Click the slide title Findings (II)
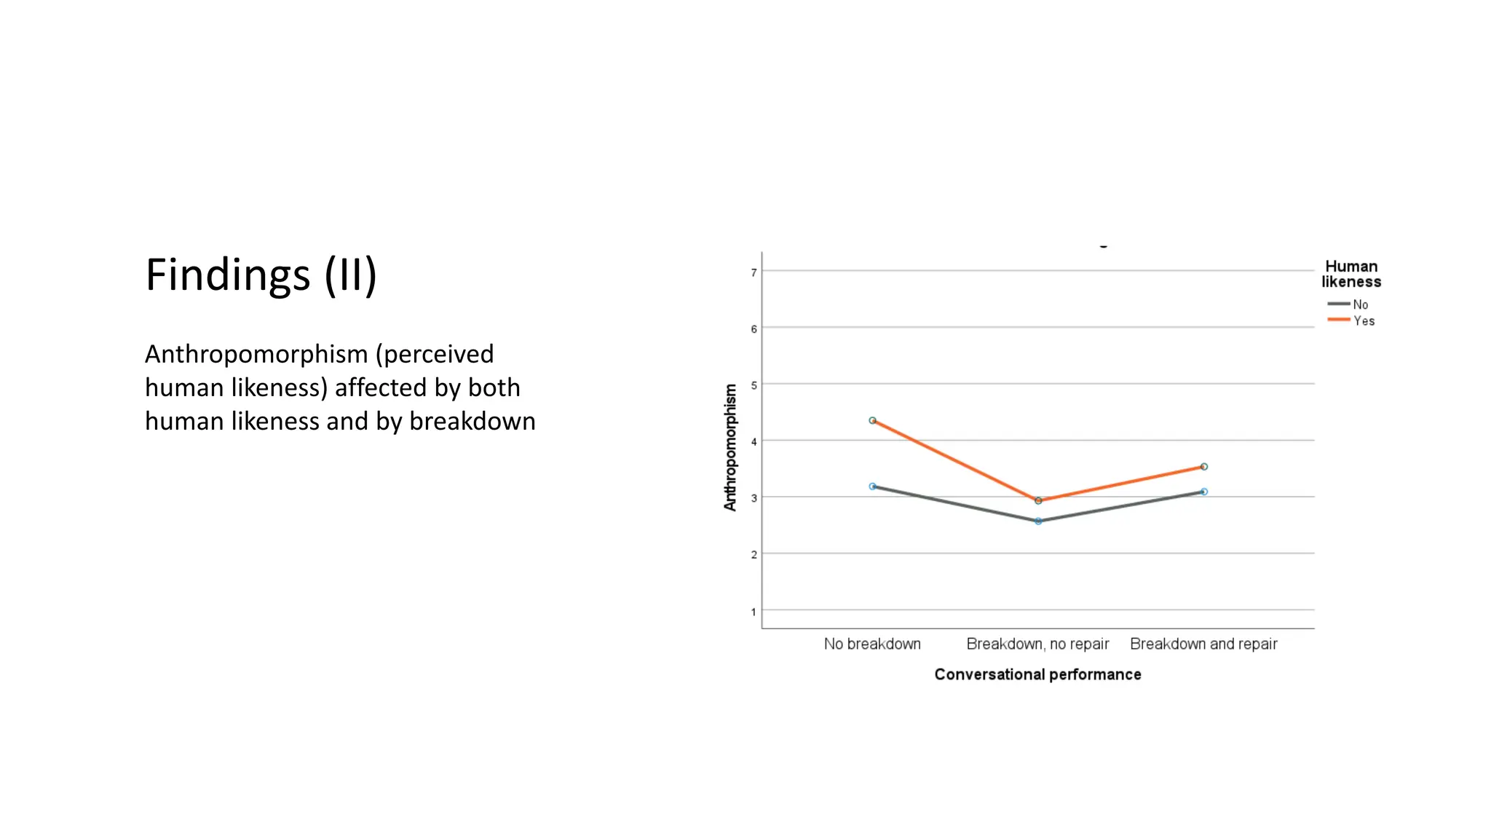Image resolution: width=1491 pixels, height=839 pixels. click(x=261, y=275)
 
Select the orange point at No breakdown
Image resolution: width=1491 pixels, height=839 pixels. click(x=872, y=420)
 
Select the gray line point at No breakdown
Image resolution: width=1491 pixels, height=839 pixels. click(x=872, y=486)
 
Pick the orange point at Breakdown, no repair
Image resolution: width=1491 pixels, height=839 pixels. click(x=1038, y=500)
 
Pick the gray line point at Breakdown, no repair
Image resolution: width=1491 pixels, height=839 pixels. click(x=1038, y=521)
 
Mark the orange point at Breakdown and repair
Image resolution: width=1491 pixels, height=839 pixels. click(x=1203, y=467)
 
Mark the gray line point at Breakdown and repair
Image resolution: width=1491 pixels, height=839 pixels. click(x=1203, y=492)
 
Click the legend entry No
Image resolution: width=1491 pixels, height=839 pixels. click(x=1359, y=304)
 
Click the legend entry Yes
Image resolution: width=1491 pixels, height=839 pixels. click(x=1363, y=320)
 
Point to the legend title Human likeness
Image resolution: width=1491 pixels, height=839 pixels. click(x=1351, y=274)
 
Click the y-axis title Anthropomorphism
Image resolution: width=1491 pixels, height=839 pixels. click(x=730, y=447)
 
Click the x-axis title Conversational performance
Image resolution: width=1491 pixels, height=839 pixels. click(x=1037, y=674)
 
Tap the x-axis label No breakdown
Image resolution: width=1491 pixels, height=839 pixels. click(x=872, y=644)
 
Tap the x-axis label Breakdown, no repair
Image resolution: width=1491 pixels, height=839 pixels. click(x=1037, y=644)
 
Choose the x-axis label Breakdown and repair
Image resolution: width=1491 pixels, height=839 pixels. click(x=1203, y=644)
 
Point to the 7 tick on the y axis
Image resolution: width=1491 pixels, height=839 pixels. click(x=754, y=272)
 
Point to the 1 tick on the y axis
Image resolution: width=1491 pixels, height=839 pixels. click(x=754, y=612)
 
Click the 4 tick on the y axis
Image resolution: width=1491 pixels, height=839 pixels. click(x=754, y=441)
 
